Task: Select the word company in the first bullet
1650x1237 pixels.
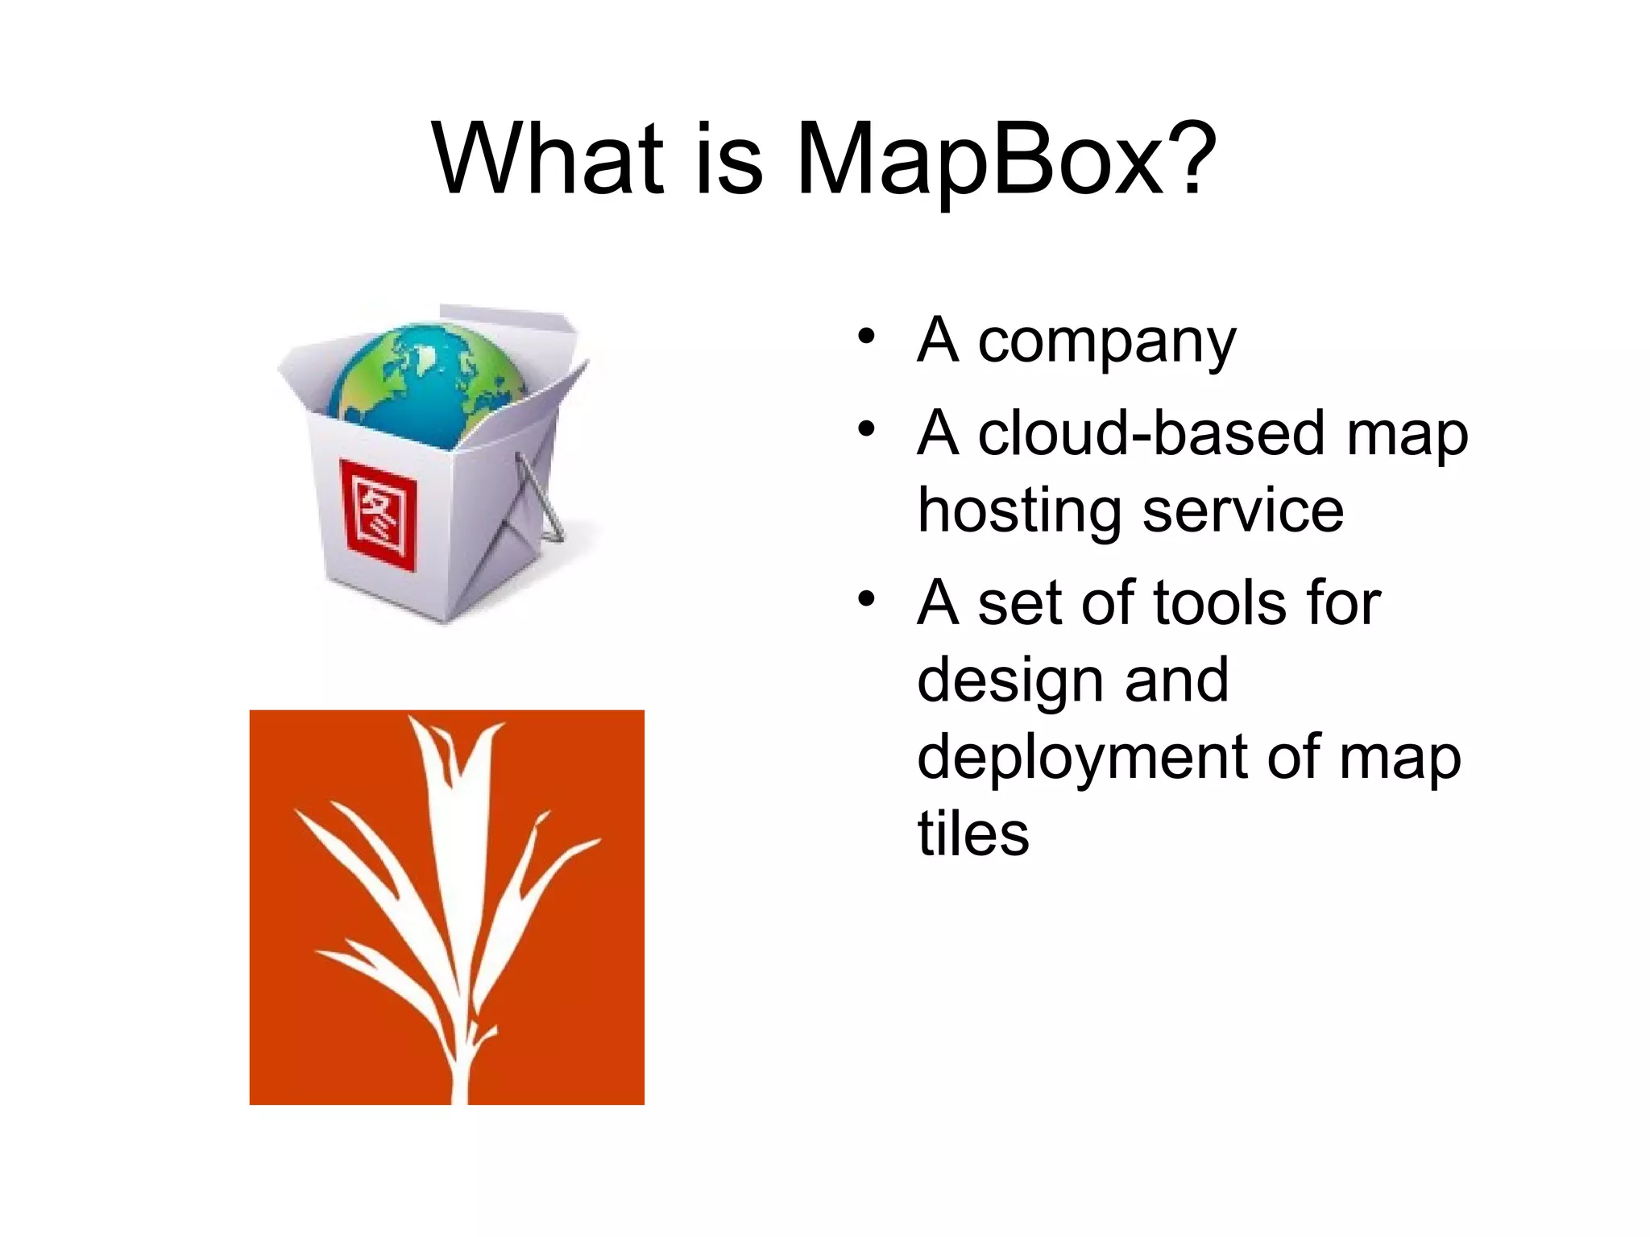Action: (x=1106, y=342)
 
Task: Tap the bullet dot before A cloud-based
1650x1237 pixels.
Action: (x=866, y=429)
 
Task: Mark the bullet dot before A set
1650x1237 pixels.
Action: (x=866, y=599)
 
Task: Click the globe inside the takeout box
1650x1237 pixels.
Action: (x=427, y=383)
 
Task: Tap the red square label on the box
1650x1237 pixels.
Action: (x=379, y=515)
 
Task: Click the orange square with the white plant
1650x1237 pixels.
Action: (x=446, y=907)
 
